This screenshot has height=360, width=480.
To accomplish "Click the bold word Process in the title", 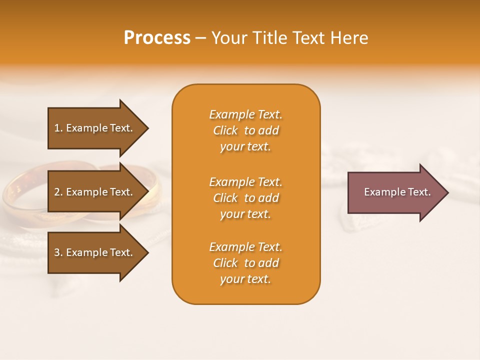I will click(157, 38).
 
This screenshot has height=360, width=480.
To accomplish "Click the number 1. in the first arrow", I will click(58, 128).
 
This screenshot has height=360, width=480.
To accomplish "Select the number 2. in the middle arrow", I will click(58, 192).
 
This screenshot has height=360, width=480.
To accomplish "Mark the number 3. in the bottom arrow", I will click(58, 252).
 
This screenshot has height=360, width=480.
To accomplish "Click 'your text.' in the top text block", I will click(245, 147).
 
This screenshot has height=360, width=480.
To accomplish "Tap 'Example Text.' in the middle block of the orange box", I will click(245, 182).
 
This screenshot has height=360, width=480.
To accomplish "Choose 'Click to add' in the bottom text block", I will click(245, 263).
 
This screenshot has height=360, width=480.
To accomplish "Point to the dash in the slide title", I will click(200, 38).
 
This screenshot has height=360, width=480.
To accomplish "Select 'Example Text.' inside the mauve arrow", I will click(397, 192).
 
